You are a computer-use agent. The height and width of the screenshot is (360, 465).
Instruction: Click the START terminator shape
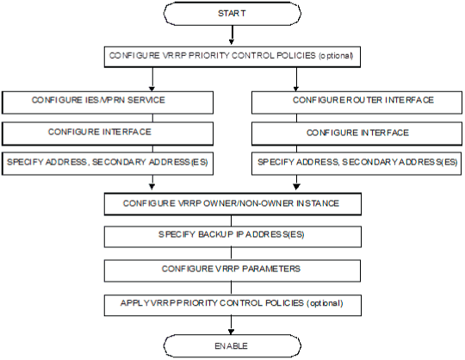pos(232,14)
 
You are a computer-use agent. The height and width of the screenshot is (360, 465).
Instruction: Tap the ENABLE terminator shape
pos(232,345)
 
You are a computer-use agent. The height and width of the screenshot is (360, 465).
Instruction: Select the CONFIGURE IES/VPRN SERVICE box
pos(108,102)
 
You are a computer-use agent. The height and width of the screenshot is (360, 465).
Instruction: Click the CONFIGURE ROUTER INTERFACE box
pos(356,102)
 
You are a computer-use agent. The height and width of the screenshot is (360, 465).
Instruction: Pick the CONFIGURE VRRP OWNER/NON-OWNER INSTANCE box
pos(232,204)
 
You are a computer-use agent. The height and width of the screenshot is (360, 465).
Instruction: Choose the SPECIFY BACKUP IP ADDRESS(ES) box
pos(232,237)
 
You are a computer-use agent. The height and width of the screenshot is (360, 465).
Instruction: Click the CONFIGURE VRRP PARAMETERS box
pos(232,270)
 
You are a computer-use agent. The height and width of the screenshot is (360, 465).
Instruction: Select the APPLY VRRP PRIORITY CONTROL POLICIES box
pos(232,305)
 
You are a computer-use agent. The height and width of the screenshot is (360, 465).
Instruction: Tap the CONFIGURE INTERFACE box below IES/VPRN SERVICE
pos(108,134)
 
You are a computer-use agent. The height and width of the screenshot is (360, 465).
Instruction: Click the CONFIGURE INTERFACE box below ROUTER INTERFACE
pos(356,134)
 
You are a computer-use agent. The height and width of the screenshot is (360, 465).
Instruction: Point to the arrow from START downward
pos(232,35)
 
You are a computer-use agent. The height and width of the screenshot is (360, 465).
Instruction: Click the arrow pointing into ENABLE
pos(232,326)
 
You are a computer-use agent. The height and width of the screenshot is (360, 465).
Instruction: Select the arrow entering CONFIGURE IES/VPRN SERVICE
pos(152,79)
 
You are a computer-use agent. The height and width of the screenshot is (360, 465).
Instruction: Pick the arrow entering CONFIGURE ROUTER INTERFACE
pos(296,79)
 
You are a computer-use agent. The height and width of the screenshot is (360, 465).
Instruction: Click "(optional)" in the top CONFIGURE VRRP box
pos(336,56)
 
